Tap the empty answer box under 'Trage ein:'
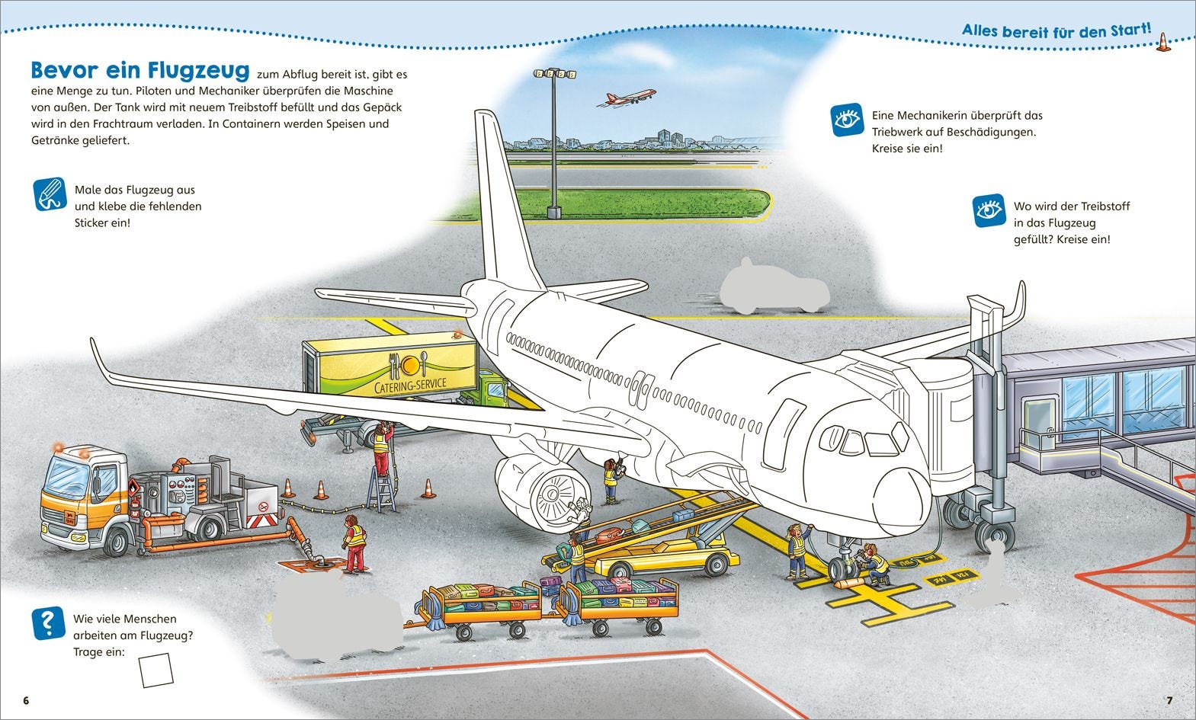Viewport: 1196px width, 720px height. (156, 670)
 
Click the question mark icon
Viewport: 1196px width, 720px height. (48, 622)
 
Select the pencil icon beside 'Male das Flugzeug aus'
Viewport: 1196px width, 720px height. (50, 194)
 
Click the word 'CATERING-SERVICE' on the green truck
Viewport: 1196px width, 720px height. (412, 384)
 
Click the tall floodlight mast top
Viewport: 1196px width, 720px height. (554, 74)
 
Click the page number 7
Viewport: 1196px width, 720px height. (1169, 700)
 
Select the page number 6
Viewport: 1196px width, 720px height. (26, 700)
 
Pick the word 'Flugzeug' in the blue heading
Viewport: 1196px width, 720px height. (198, 70)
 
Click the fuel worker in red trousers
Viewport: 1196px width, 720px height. (354, 542)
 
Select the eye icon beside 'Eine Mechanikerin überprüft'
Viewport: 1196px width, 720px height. (847, 120)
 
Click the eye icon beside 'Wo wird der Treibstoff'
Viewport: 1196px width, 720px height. (989, 210)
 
